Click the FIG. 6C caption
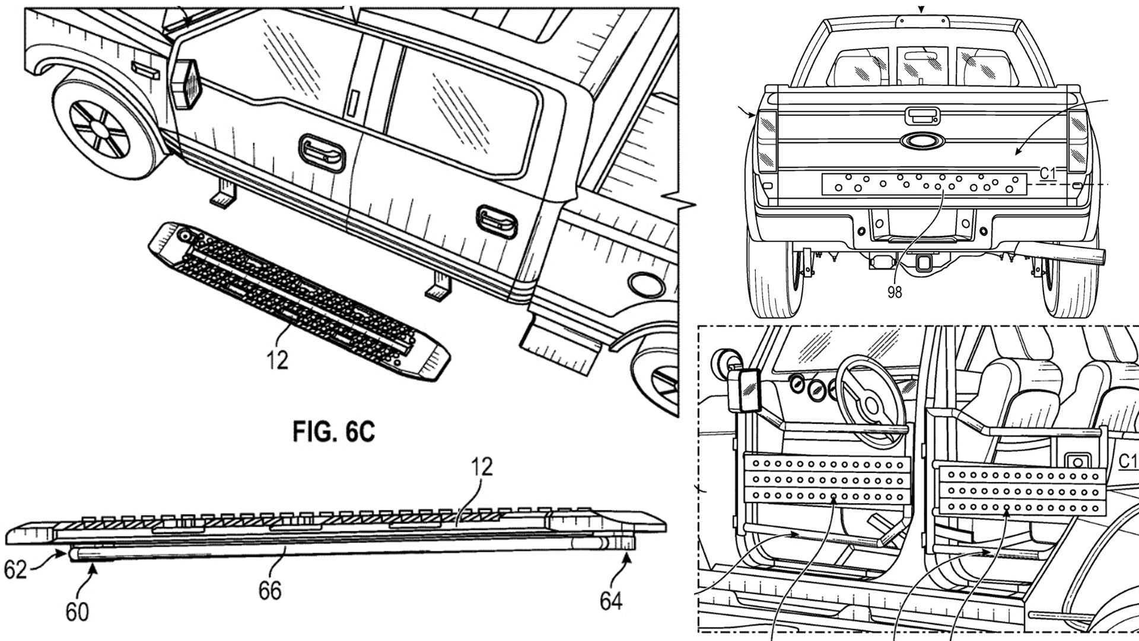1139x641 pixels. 334,431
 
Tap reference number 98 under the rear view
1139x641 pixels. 895,292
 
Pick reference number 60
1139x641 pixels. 77,611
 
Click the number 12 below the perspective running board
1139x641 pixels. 277,360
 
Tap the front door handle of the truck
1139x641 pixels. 323,153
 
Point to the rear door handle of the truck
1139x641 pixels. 497,221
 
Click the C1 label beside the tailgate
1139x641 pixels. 1049,173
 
